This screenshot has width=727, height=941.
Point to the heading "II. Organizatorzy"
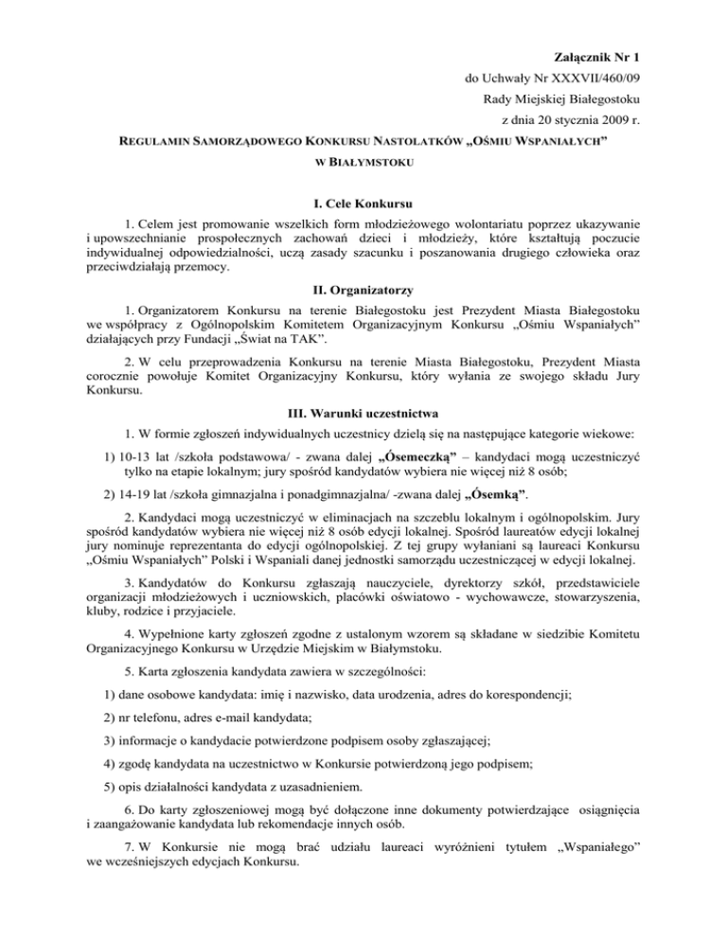(363, 290)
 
